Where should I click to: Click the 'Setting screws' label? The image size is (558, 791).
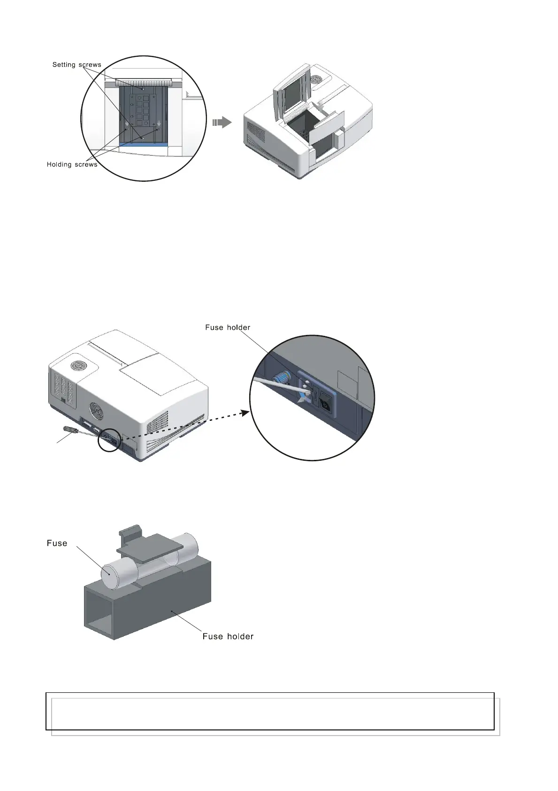pyautogui.click(x=76, y=65)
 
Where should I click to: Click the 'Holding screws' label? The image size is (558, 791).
pyautogui.click(x=72, y=164)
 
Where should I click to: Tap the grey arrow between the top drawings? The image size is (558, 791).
pyautogui.click(x=222, y=123)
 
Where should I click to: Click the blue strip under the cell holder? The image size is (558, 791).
pyautogui.click(x=143, y=144)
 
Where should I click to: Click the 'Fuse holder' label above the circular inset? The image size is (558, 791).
pyautogui.click(x=227, y=327)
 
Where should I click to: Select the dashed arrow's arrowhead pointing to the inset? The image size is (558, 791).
pyautogui.click(x=244, y=412)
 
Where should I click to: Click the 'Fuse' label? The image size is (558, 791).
pyautogui.click(x=57, y=543)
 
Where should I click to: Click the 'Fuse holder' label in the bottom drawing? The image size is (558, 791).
pyautogui.click(x=228, y=636)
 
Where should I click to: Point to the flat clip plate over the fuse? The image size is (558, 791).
pyautogui.click(x=150, y=544)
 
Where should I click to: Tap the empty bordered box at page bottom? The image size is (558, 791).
pyautogui.click(x=270, y=711)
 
